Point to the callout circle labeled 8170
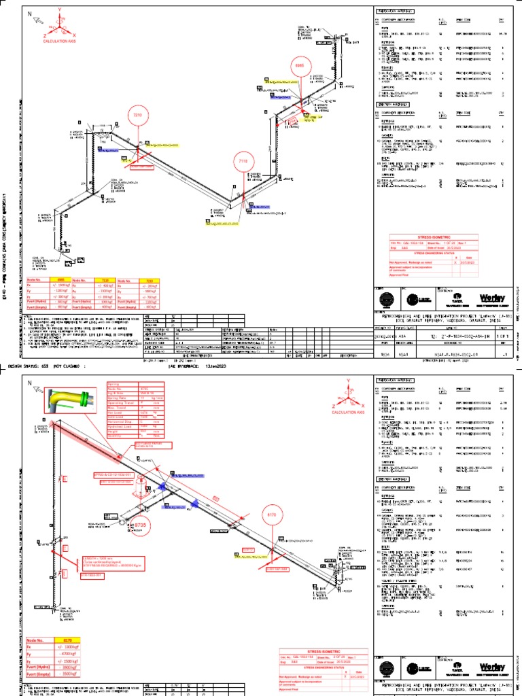pyautogui.click(x=272, y=515)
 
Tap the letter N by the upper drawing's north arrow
pyautogui.click(x=30, y=14)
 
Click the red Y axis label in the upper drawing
pyautogui.click(x=60, y=9)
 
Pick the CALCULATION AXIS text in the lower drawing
pyautogui.click(x=347, y=413)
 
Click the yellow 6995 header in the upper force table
pyautogui.click(x=60, y=279)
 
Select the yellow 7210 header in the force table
pyautogui.click(x=150, y=279)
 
